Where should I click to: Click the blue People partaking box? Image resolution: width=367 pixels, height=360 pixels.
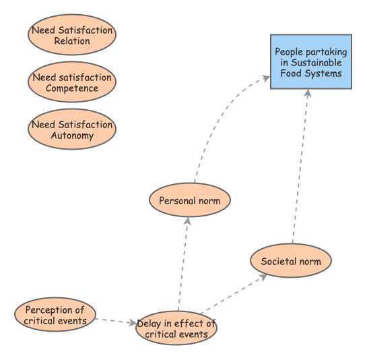click(x=310, y=62)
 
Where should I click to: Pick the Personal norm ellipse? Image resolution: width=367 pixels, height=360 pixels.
click(x=189, y=201)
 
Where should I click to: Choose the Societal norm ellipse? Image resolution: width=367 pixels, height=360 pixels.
click(x=291, y=261)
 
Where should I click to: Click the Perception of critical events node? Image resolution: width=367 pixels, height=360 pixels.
click(x=55, y=315)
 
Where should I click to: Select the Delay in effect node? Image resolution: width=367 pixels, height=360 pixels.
click(x=176, y=328)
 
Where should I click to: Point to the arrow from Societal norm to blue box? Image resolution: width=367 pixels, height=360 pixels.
click(x=300, y=165)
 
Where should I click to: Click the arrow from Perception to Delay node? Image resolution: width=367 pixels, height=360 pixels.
click(x=115, y=321)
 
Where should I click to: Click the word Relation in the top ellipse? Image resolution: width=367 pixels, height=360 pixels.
click(x=72, y=41)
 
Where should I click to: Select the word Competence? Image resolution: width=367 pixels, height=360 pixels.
click(x=72, y=88)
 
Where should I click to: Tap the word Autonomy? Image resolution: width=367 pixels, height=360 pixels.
click(x=72, y=136)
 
